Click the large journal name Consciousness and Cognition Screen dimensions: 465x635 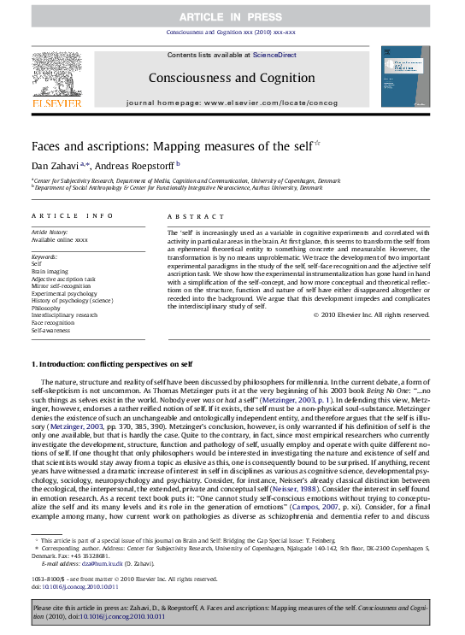coord(232,78)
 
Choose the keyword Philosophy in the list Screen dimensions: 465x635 coord(48,309)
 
